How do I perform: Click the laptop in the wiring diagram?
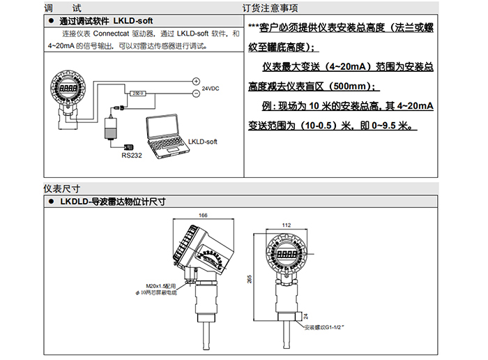[166, 132]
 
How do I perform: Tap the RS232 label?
[131, 156]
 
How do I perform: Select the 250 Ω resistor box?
[137, 93]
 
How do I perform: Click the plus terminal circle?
[196, 81]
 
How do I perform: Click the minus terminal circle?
[196, 93]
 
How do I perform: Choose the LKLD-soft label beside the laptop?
[203, 141]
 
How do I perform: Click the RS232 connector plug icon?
[128, 147]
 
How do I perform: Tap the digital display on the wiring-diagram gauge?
[68, 89]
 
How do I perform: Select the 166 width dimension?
[203, 216]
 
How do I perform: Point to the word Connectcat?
[113, 33]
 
